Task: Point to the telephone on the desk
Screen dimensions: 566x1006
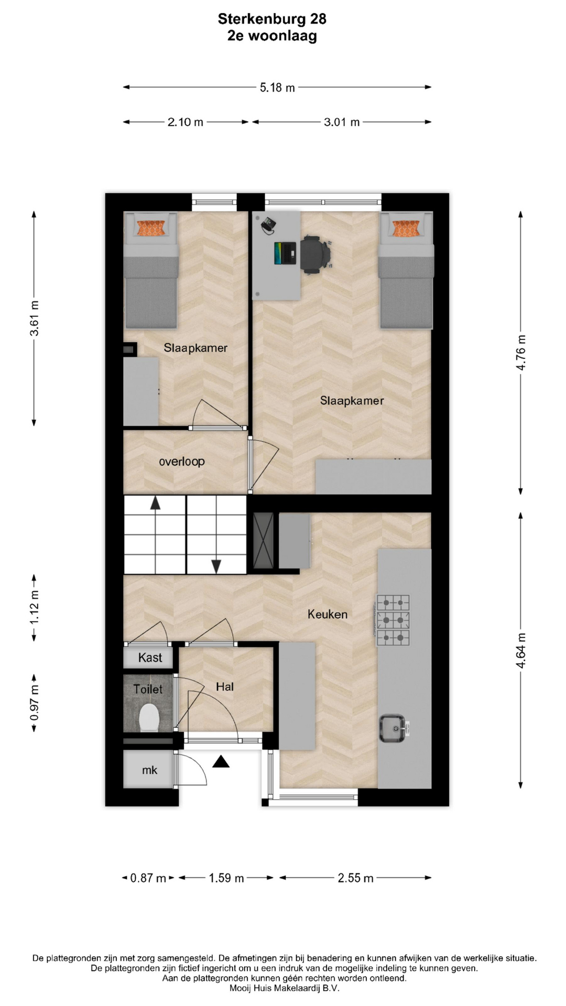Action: [269, 225]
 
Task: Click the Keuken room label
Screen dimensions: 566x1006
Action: [328, 614]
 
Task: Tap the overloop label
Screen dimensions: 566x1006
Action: [182, 462]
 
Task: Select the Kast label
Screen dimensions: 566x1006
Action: [150, 658]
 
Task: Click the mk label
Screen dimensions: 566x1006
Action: [150, 770]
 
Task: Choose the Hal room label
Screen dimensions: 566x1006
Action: [225, 686]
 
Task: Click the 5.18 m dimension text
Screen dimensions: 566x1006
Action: [277, 88]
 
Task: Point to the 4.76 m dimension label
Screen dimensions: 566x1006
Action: [521, 352]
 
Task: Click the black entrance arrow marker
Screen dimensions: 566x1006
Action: [221, 761]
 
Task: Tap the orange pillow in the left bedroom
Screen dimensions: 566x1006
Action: [151, 228]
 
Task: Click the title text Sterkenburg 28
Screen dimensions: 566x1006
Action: [272, 19]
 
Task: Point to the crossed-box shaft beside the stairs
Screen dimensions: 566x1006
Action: [263, 541]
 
